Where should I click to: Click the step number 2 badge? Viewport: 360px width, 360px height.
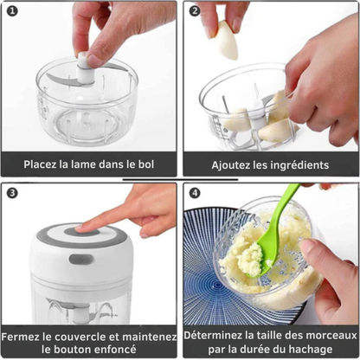point(195,12)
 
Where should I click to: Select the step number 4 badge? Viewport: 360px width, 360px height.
point(195,193)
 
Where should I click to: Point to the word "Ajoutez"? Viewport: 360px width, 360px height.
point(232,164)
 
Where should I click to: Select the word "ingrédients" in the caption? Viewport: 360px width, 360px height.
point(298,164)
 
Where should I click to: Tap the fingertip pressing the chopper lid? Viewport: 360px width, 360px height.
point(84,228)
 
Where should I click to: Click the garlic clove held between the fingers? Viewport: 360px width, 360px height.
point(226,38)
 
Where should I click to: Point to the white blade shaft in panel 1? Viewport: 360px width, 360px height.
point(84,69)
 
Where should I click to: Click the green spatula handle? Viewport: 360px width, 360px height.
point(281,212)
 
